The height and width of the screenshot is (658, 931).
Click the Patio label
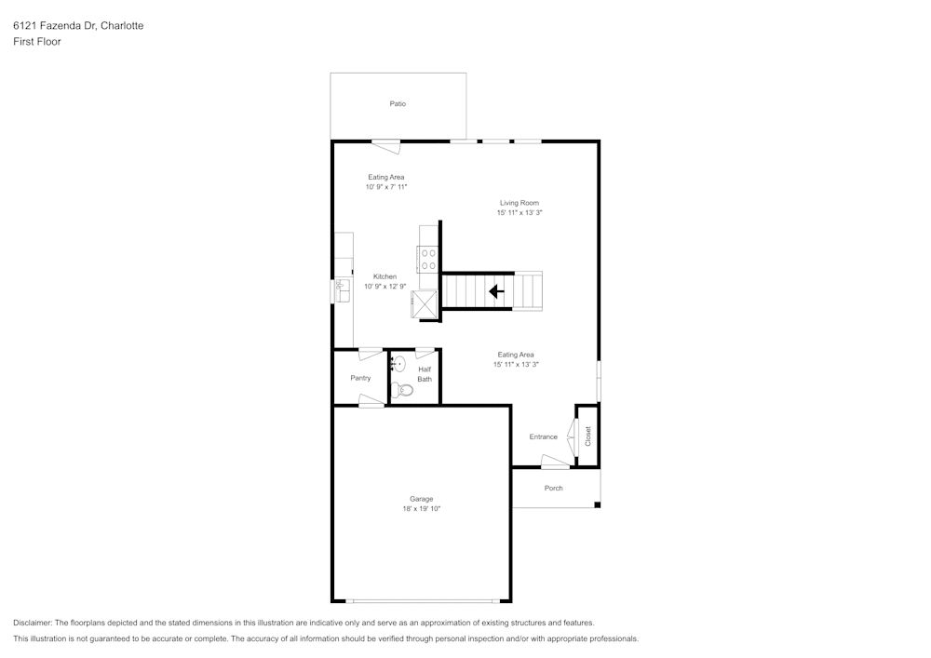398,104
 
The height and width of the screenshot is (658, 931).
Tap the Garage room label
422,499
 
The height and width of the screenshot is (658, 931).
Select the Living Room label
519,203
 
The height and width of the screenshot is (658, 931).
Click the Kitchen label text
385,276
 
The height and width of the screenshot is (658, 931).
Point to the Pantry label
360,378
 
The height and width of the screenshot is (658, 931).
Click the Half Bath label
425,374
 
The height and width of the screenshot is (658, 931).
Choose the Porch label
553,488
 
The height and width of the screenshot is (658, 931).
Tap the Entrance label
543,436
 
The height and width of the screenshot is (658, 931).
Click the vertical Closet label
587,436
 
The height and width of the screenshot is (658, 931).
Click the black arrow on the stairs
496,291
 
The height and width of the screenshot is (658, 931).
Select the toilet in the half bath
401,389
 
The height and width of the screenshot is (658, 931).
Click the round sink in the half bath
398,365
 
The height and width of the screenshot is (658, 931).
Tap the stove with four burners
428,259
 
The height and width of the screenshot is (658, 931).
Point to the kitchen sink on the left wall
342,290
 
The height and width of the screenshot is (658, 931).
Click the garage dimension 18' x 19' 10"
422,509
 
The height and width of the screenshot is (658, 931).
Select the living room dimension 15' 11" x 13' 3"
519,213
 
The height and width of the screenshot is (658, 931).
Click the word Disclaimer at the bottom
33,623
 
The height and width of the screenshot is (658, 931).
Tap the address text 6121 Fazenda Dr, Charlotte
78,26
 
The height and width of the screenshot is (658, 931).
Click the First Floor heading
37,42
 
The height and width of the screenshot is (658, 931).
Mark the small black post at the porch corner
597,505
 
